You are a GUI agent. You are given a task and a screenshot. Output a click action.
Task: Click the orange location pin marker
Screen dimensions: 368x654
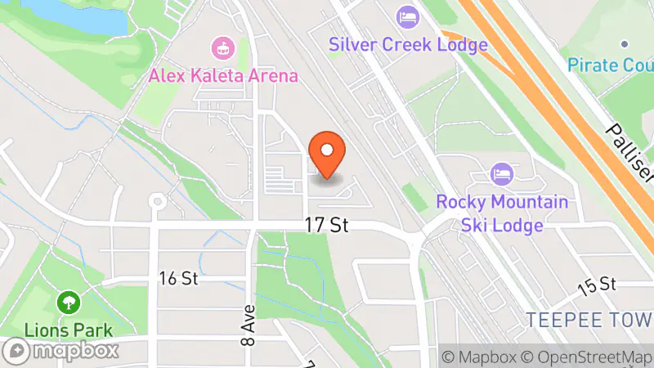click(x=328, y=155)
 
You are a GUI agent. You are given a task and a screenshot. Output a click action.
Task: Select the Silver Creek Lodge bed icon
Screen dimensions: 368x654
click(x=407, y=16)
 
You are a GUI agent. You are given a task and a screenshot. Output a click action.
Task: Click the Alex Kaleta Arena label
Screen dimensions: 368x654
click(x=223, y=74)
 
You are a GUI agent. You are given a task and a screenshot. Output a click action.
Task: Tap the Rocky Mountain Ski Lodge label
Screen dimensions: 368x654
click(x=501, y=213)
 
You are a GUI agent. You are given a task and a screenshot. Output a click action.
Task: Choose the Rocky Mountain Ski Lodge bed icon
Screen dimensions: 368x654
click(x=501, y=174)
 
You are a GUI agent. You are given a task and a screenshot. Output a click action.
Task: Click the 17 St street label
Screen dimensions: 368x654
click(x=328, y=225)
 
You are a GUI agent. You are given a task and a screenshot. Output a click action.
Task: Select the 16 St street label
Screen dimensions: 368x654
click(x=179, y=278)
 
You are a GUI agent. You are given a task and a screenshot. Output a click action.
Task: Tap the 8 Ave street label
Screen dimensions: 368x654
click(x=247, y=325)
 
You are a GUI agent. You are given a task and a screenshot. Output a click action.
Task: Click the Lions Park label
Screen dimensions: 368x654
click(x=68, y=330)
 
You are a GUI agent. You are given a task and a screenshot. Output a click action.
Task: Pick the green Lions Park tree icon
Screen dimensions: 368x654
click(x=68, y=303)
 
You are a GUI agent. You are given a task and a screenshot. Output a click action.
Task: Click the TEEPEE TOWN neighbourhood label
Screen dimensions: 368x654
click(x=589, y=318)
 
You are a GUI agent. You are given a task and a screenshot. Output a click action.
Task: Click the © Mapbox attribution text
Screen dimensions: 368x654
click(x=479, y=357)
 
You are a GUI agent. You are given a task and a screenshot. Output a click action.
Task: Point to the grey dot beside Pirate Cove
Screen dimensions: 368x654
click(x=624, y=43)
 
